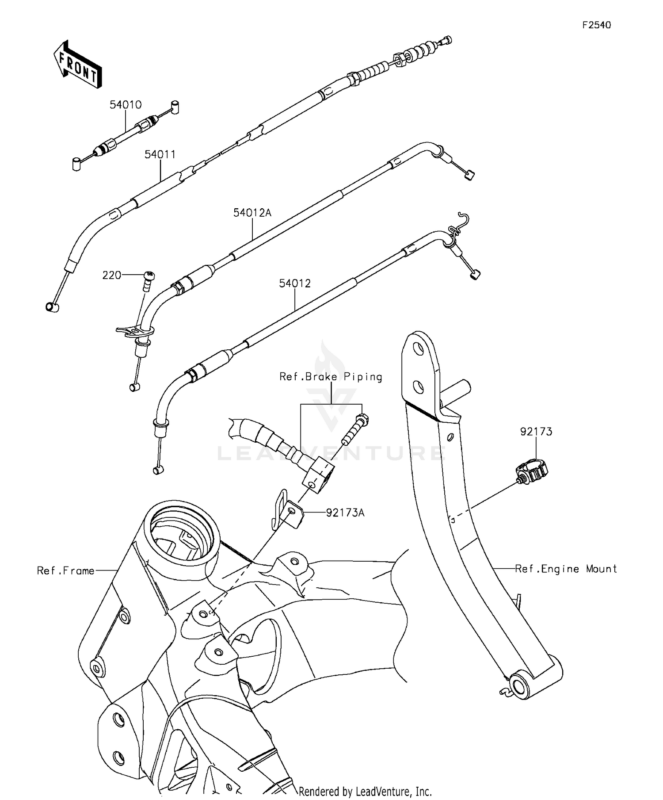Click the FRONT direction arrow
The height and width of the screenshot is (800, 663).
78,65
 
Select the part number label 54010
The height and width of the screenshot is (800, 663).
126,105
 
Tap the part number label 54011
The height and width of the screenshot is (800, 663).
160,154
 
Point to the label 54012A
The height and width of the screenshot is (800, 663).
252,213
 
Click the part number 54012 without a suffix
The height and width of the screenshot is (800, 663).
295,283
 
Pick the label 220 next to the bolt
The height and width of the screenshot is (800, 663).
112,275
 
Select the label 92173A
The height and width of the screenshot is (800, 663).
345,513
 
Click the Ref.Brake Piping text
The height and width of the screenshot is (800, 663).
331,377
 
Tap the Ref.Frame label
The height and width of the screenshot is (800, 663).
66,570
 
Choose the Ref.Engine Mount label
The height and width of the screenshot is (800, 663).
566,569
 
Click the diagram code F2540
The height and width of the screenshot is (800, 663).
596,25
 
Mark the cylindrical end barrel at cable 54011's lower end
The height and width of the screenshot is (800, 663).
52,306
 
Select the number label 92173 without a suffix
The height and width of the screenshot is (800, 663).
536,431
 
